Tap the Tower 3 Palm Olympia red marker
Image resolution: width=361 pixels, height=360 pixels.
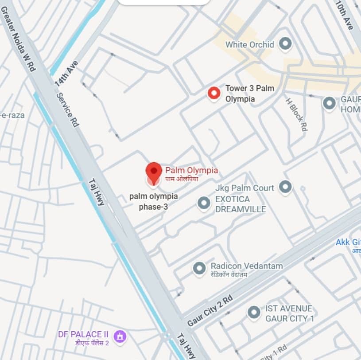tap(214, 93)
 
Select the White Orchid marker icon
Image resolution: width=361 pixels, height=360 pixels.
tap(286, 43)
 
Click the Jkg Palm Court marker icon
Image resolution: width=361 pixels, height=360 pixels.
tap(285, 187)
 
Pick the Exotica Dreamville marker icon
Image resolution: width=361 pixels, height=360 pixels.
tap(204, 203)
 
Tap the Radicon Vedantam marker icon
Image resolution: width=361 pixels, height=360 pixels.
tap(199, 268)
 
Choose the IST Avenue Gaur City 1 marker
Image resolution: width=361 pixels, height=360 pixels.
tap(254, 313)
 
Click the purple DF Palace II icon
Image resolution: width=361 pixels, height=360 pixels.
tap(120, 336)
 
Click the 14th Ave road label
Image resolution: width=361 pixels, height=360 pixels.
tap(66, 73)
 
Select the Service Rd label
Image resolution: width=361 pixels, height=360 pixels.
tap(68, 110)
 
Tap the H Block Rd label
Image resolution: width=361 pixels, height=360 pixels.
tap(296, 114)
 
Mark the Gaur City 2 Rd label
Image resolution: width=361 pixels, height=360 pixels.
tap(210, 310)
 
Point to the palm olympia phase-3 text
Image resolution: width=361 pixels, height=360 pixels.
tap(153, 201)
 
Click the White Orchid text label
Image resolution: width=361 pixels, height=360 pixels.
tap(250, 44)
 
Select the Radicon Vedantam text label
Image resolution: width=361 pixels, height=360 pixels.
tap(246, 266)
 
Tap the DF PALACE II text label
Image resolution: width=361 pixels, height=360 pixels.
tap(83, 334)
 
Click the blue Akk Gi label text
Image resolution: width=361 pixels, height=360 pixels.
tap(348, 242)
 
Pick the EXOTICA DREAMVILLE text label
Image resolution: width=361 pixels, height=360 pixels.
tap(241, 204)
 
